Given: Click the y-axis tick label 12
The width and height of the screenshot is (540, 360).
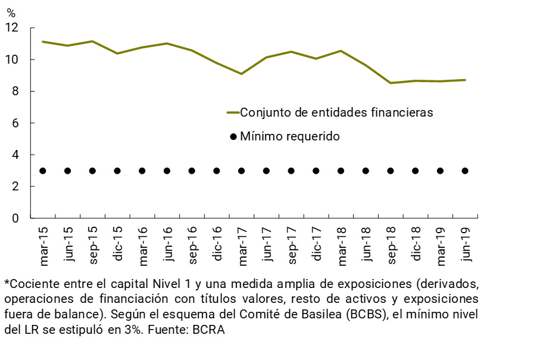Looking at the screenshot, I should point(12,28).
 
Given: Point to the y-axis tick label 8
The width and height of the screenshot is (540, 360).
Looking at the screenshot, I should point(15,92).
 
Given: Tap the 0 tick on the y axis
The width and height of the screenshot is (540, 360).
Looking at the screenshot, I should point(15,218).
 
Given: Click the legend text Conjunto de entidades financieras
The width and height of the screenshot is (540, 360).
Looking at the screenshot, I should point(336,112).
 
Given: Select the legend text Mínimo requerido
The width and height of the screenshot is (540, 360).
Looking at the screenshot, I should point(290,136).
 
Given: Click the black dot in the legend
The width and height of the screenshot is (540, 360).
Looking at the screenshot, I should point(233,137).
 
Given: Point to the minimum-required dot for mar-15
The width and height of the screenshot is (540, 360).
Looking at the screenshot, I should point(43,171).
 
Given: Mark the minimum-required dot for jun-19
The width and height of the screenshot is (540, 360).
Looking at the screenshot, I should point(465,171).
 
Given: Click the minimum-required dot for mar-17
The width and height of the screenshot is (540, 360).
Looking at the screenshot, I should point(241,171).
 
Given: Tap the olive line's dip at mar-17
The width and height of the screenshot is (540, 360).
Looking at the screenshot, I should point(241,74).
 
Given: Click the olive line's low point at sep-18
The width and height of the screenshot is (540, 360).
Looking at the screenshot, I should point(391,83).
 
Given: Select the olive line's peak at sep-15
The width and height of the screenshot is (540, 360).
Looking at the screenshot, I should point(92,41).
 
